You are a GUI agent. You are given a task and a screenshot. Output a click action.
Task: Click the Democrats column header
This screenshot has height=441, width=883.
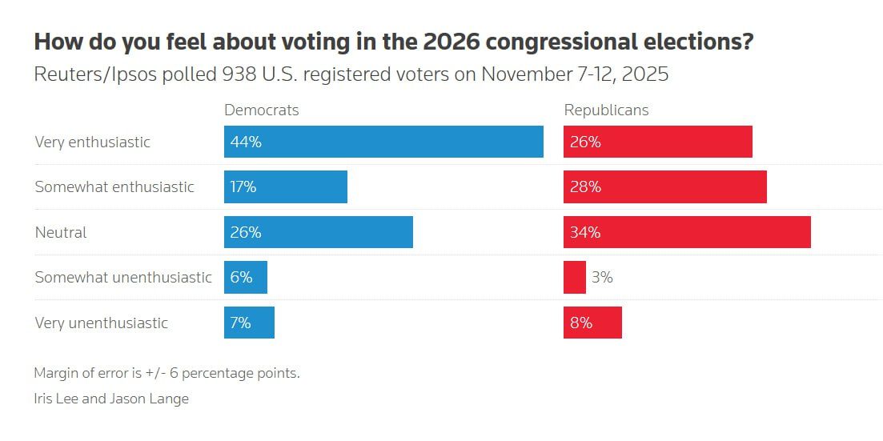[261, 110]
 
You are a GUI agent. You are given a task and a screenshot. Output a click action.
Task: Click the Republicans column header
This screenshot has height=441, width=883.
[606, 110]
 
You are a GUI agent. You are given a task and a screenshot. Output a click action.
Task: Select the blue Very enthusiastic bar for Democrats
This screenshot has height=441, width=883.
[383, 142]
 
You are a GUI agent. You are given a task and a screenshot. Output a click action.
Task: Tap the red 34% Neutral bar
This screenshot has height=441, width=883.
[687, 232]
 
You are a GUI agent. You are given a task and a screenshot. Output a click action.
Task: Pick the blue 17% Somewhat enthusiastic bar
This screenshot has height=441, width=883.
[286, 186]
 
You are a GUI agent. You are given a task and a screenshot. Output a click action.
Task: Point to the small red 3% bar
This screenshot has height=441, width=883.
[575, 277]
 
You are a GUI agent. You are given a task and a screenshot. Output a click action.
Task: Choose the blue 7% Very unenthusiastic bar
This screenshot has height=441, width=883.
[249, 323]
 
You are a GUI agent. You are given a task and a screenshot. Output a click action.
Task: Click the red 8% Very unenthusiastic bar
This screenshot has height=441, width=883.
[592, 323]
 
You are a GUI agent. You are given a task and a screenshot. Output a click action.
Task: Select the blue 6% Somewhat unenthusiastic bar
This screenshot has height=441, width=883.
[246, 277]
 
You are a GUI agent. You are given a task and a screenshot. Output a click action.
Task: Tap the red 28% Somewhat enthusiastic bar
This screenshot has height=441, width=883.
[665, 186]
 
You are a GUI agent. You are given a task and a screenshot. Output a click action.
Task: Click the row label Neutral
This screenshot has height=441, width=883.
[61, 233]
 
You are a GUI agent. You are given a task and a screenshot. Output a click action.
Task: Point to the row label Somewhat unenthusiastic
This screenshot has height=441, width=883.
[123, 278]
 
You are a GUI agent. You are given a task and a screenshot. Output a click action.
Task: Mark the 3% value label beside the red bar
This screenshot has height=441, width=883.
[602, 278]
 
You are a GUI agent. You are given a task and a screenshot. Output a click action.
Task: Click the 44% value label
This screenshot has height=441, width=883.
[246, 142]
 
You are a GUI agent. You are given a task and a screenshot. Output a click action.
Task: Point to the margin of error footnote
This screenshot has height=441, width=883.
[167, 373]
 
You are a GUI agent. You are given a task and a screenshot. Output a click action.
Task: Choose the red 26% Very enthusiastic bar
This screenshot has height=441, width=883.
[658, 142]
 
